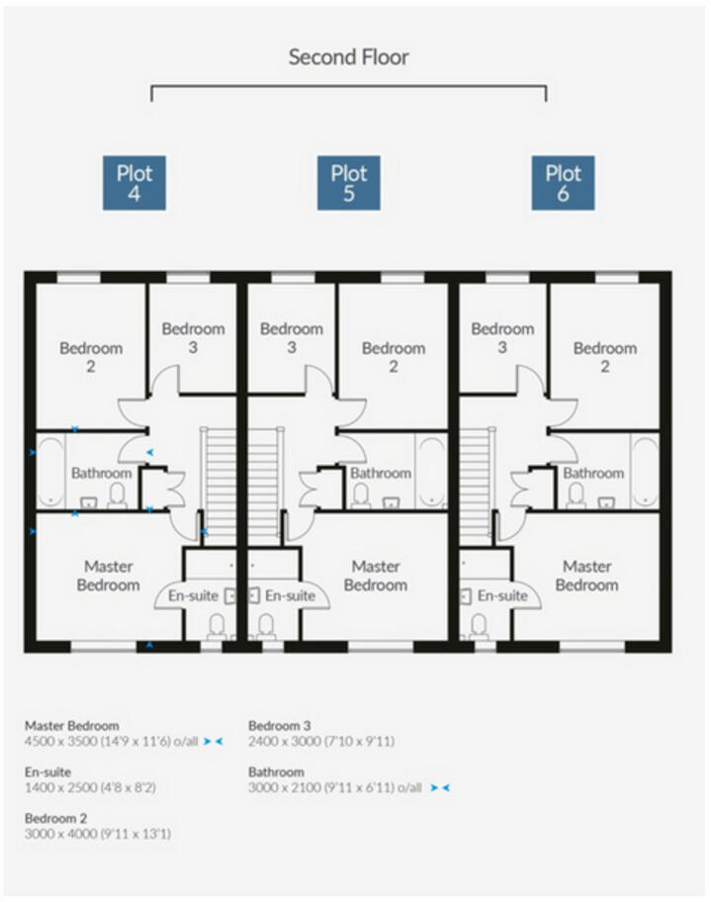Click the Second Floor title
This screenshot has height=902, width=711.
[348, 56]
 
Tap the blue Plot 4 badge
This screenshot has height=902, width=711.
[133, 183]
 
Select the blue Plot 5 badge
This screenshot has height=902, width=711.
[348, 183]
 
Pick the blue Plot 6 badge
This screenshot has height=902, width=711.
[563, 183]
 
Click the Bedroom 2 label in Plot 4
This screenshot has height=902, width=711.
[91, 357]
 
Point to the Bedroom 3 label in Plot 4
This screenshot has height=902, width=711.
[193, 337]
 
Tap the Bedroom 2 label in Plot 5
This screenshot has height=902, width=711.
[393, 357]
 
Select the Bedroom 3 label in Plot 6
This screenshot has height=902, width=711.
[502, 337]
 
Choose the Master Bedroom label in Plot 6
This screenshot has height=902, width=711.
[586, 576]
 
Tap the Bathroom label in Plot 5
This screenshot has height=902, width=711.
[381, 474]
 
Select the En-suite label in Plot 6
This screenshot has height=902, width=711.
[502, 595]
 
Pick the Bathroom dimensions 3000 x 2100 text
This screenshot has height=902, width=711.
[335, 787]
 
